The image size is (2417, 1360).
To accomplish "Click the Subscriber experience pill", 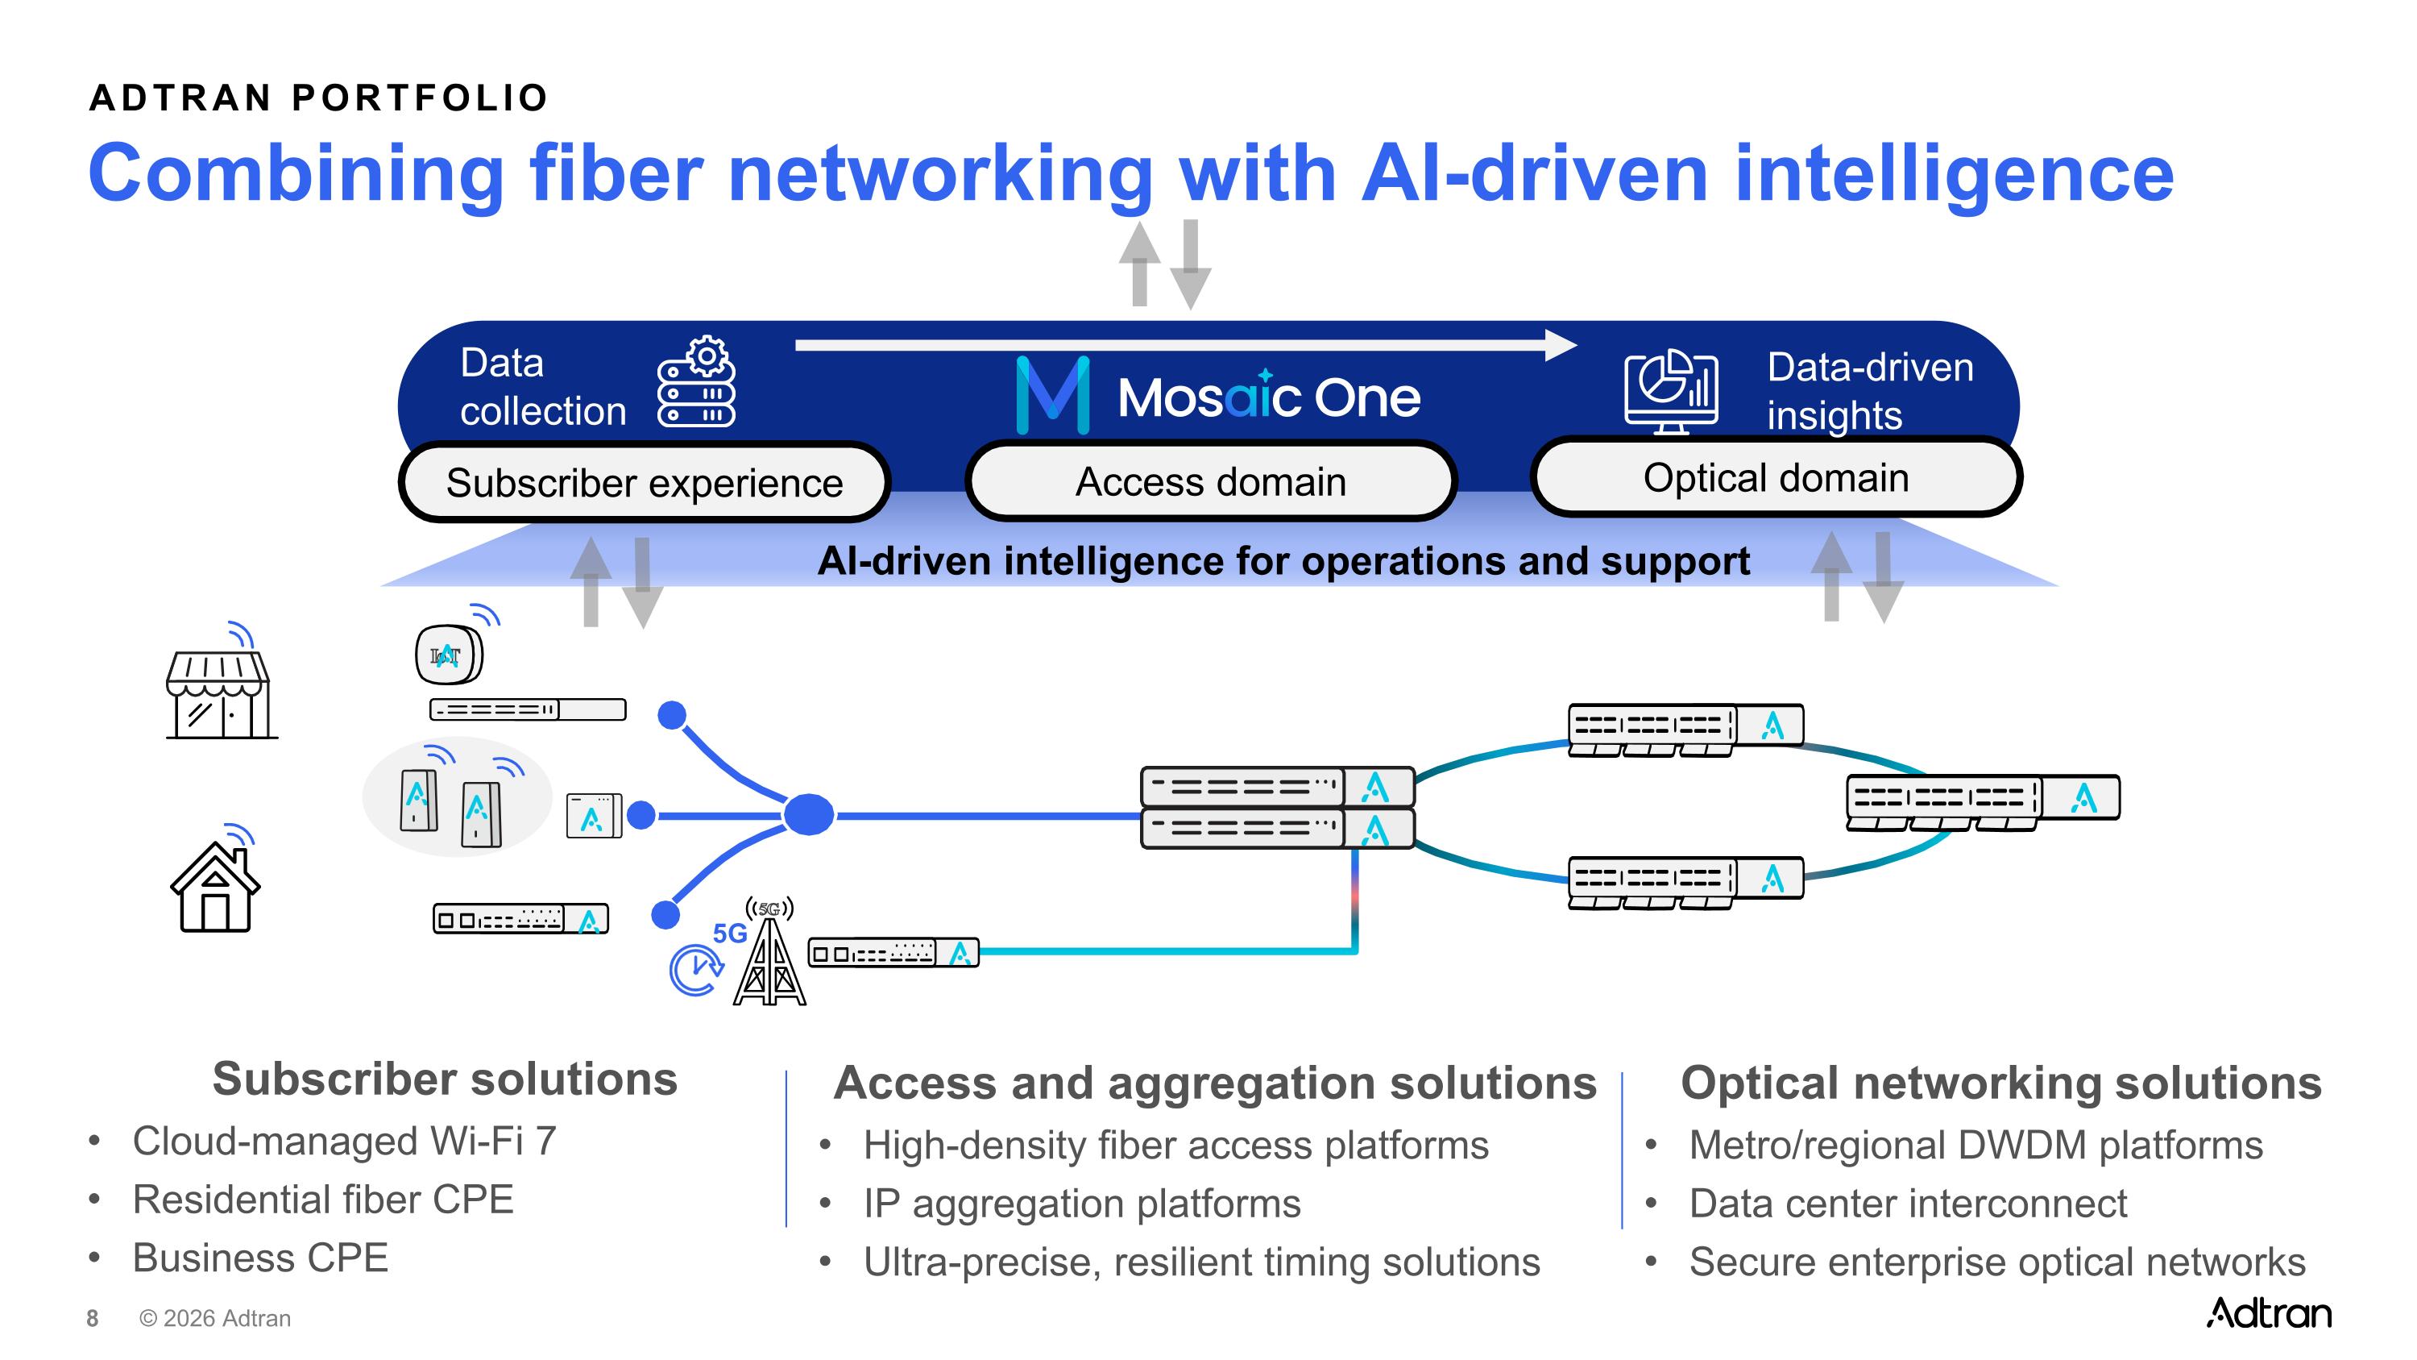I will click(x=644, y=482).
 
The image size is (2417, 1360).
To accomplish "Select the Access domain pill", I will click(x=1210, y=481).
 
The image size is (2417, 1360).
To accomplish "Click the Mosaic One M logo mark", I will click(x=1053, y=395).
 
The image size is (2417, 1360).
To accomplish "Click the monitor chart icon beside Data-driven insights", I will click(x=1671, y=391).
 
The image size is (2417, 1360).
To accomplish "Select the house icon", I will click(x=215, y=887).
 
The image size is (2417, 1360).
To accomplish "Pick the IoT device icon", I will click(x=449, y=654).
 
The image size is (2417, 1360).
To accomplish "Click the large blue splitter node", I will click(x=808, y=815).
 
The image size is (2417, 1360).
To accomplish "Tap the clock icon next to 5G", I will click(x=695, y=970).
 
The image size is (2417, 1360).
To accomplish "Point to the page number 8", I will click(x=92, y=1319).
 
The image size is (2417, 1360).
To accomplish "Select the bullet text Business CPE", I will click(x=260, y=1258).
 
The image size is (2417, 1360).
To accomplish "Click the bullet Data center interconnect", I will click(x=1908, y=1204).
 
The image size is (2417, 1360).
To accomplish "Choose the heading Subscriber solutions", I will click(x=445, y=1079).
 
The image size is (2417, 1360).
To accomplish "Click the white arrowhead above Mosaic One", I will click(x=1561, y=344).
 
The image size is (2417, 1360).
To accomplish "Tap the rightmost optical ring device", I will click(x=1983, y=801).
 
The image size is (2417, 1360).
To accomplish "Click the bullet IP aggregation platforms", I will click(x=1082, y=1204).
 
